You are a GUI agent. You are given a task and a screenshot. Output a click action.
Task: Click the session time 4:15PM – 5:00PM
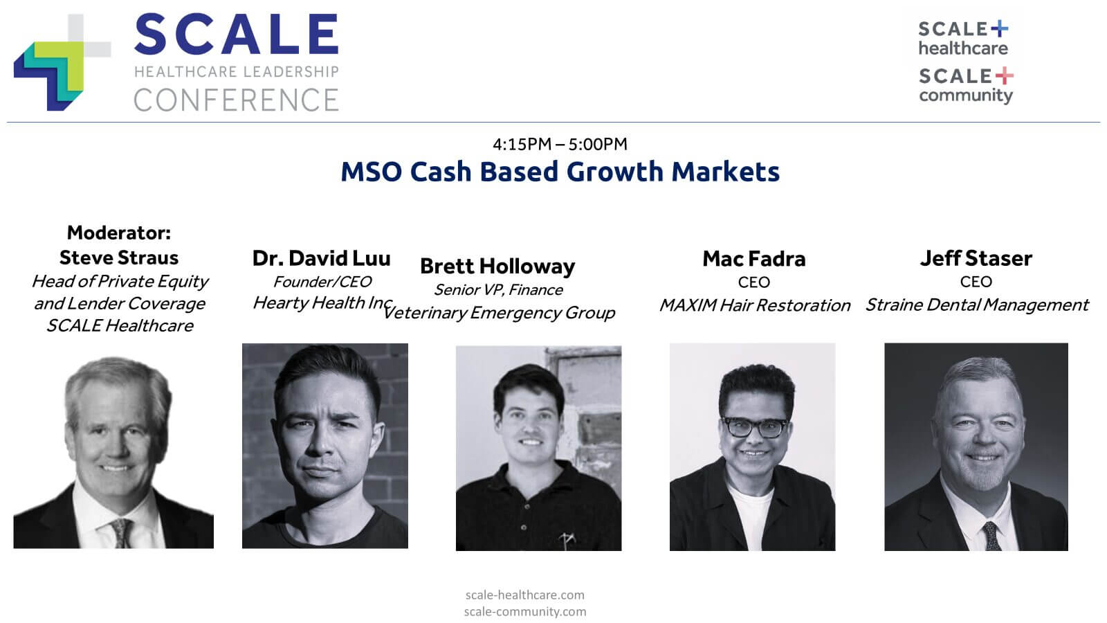pos(560,145)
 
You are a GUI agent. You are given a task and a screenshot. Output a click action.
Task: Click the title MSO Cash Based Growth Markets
pos(560,172)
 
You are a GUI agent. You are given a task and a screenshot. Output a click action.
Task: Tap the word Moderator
pos(117,233)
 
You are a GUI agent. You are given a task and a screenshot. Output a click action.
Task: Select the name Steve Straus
pos(119,258)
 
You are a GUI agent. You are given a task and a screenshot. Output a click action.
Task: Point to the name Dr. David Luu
pos(321,258)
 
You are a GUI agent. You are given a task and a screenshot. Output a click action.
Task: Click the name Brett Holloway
pos(497,266)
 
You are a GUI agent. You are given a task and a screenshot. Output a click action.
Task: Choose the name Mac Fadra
pos(754,259)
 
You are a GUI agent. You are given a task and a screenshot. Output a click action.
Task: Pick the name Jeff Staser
pos(976,258)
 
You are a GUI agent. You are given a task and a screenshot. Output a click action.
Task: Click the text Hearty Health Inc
pos(323,303)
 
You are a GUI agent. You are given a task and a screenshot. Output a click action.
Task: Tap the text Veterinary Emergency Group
pos(499,312)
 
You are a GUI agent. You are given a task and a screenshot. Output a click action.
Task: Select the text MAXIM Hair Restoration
pos(755,305)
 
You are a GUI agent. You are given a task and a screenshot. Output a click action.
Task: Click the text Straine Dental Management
pos(977,305)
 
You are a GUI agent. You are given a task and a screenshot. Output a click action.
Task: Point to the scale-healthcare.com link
pos(525,595)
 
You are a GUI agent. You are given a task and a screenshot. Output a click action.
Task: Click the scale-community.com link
pos(525,612)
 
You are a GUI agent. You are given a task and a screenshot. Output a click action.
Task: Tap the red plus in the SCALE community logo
pos(1004,75)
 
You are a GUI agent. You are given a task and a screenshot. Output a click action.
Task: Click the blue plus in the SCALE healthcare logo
pos(999,28)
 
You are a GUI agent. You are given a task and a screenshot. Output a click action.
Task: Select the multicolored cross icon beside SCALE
pos(62,62)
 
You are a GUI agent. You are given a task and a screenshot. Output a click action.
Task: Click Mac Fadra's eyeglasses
pos(755,427)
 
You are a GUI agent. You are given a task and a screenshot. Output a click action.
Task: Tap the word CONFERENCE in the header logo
pos(236,100)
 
